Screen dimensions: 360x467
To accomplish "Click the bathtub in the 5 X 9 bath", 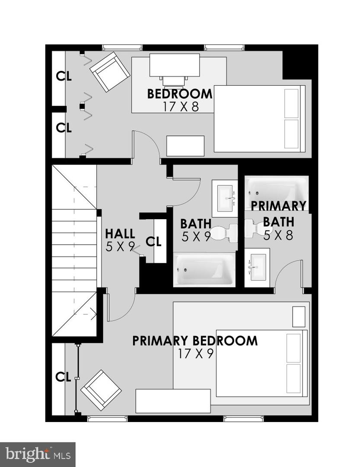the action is click(204, 269).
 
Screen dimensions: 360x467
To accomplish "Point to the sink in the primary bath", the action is click(257, 268).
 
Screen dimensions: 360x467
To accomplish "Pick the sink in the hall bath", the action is click(225, 198).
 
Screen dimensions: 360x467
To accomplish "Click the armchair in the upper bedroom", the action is click(110, 72).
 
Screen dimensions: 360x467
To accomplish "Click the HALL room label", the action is click(120, 234).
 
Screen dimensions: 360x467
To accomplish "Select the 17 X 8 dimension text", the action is click(181, 107).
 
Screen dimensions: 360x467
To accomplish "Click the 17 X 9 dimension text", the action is click(196, 354).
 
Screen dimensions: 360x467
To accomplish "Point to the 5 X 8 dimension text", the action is click(278, 235).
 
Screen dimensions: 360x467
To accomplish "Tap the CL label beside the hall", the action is click(153, 242).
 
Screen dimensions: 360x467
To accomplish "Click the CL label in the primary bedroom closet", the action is click(63, 377).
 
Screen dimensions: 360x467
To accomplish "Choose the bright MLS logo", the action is click(38, 455).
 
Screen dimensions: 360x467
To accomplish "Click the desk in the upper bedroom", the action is click(175, 65).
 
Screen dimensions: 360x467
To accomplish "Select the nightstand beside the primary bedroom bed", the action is click(299, 317).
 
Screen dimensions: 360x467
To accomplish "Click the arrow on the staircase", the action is click(85, 314).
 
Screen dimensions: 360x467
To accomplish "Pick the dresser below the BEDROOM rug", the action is click(185, 146).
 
